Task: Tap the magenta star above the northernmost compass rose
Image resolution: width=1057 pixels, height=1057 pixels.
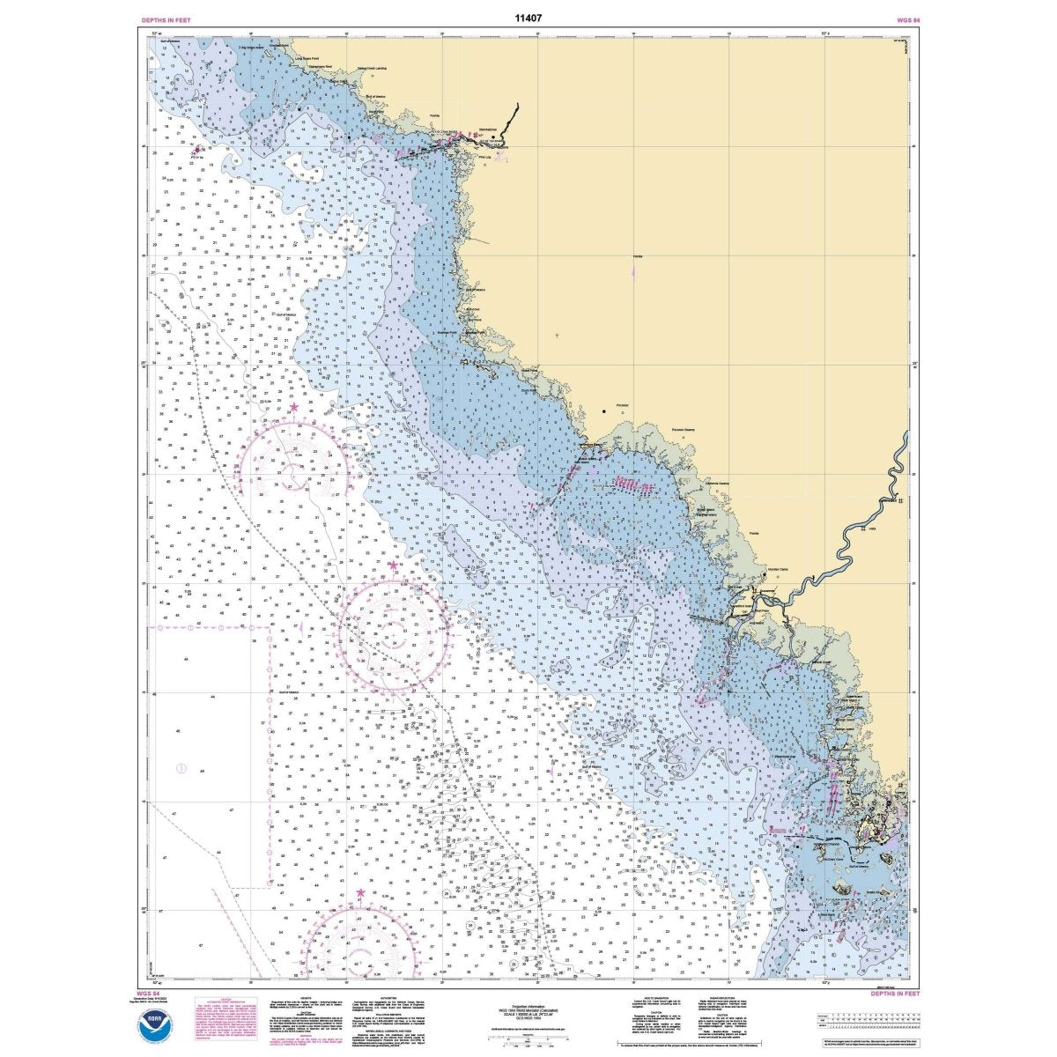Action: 293,409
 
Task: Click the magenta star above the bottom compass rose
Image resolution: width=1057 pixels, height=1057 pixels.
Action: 360,894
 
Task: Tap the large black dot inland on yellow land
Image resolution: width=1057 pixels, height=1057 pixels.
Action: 604,411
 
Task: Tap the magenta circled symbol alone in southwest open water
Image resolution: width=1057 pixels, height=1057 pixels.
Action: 182,768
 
